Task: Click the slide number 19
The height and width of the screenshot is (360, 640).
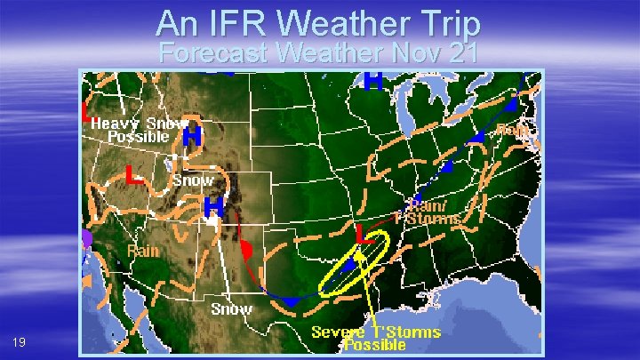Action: coord(20,342)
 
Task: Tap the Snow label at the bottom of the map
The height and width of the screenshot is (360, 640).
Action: coord(231,308)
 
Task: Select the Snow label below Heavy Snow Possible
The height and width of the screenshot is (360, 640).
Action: coord(193,180)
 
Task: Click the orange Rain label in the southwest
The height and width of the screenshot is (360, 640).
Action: coord(142,251)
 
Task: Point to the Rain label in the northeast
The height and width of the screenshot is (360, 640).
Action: coord(514,130)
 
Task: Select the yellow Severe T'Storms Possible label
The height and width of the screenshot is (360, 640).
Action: coord(376,338)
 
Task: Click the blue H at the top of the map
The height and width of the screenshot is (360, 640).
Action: coord(373,81)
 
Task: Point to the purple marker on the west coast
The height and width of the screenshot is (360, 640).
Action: coord(86,238)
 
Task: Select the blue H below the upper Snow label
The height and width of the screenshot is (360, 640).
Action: coord(213,208)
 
